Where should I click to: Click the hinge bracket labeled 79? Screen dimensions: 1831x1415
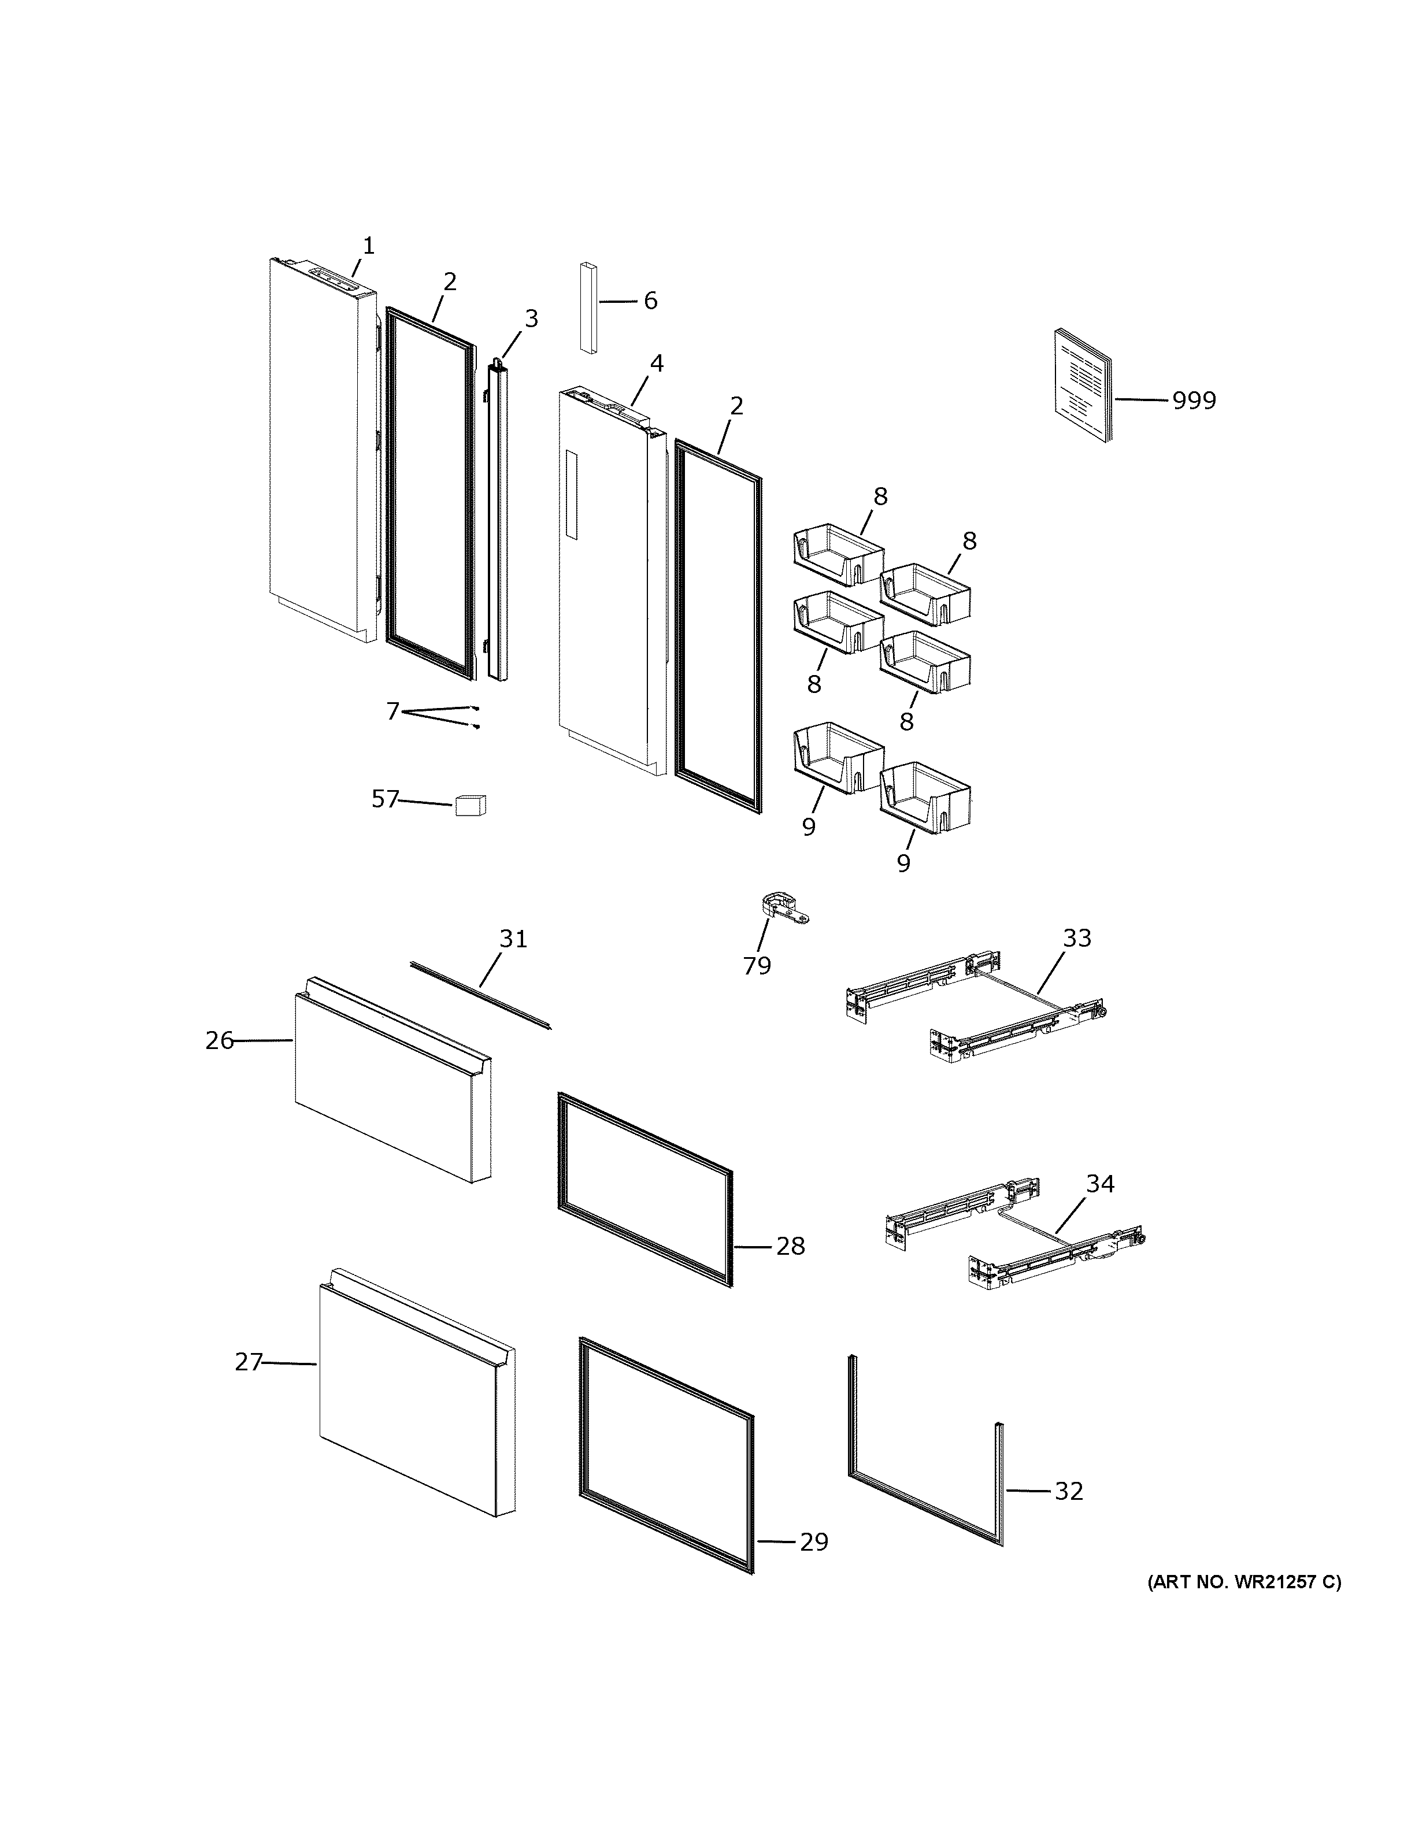[783, 909]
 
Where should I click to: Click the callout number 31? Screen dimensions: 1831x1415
[513, 939]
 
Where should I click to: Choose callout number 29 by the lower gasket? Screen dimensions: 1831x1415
[813, 1543]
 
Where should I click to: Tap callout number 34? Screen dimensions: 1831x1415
[1100, 1184]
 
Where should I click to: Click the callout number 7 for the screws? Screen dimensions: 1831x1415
[393, 712]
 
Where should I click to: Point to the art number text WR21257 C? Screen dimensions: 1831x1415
[1244, 1583]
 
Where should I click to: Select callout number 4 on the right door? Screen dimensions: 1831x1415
[657, 364]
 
